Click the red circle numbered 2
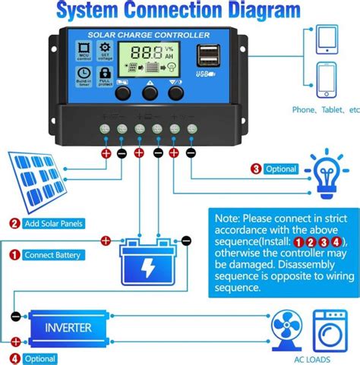click(x=14, y=224)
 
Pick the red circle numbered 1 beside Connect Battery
click(x=14, y=255)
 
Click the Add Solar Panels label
click(x=53, y=224)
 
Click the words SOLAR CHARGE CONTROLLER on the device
click(x=148, y=36)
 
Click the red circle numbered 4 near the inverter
click(x=14, y=358)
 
